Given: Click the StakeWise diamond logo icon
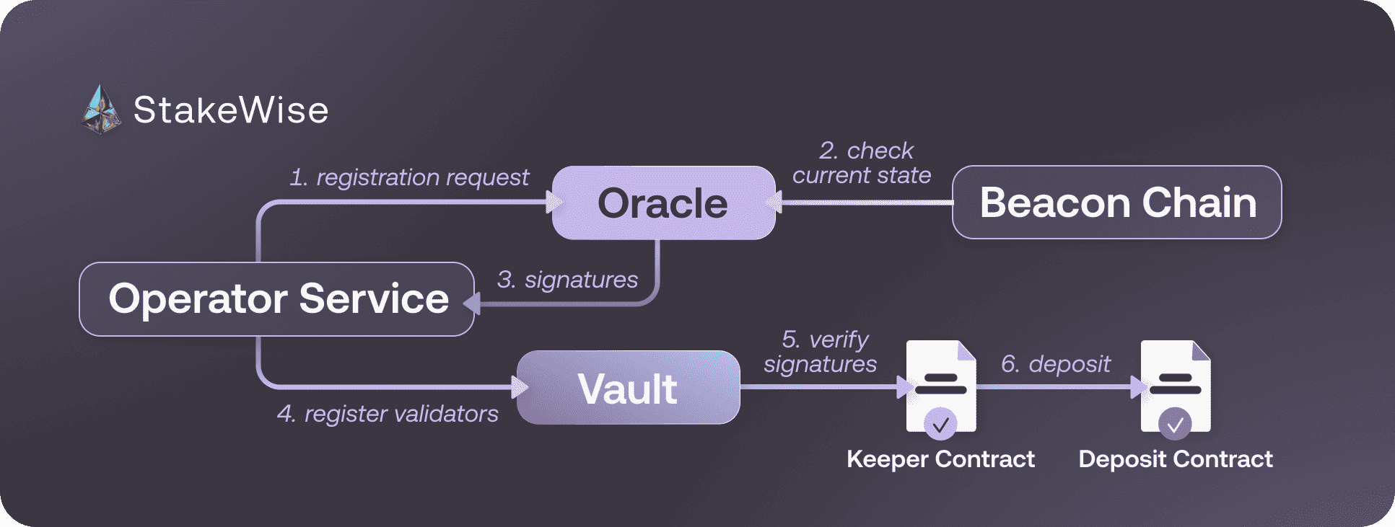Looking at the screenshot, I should tap(100, 110).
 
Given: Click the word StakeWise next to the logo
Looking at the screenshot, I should tap(231, 110).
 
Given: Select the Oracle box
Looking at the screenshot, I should tap(663, 203).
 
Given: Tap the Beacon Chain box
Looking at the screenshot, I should tap(1116, 203).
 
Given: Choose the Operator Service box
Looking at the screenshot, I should tap(277, 298).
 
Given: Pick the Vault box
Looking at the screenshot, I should tap(628, 388).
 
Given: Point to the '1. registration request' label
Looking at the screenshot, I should tap(409, 177).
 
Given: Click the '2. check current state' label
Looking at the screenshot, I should tap(862, 163).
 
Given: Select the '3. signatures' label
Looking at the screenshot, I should tap(567, 280).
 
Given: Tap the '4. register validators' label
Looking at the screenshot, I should tap(388, 414).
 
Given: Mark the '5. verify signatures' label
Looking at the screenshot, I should tap(821, 352).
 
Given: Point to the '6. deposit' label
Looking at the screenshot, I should tap(1055, 364).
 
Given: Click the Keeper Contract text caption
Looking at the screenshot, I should tap(940, 459).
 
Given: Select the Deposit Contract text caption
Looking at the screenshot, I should tap(1175, 459).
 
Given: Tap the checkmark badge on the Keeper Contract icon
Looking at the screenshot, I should tap(940, 425).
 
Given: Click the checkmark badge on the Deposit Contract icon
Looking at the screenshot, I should tap(1175, 425).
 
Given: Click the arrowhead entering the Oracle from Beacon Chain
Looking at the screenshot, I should tap(774, 203).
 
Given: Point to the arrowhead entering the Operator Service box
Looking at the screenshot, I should tap(471, 304).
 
